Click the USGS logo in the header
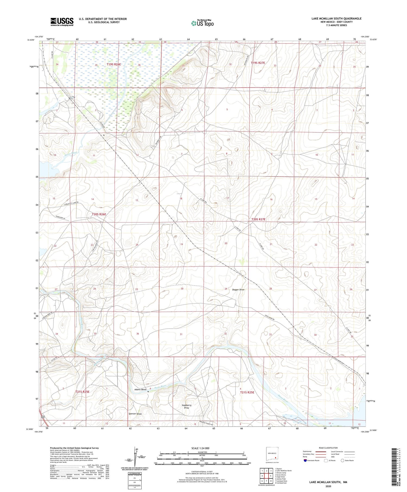[x=62, y=22]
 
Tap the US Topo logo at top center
[x=202, y=23]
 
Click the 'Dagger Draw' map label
[x=238, y=290]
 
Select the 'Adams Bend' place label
[x=140, y=389]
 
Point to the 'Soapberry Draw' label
[x=186, y=406]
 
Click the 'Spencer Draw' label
[x=135, y=414]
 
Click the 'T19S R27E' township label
[x=258, y=63]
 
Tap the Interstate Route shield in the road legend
[x=305, y=461]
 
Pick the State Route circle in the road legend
[x=343, y=461]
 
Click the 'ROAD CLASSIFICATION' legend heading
[x=328, y=448]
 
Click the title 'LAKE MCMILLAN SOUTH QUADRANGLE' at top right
[x=336, y=18]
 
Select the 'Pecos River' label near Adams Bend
[x=160, y=386]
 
